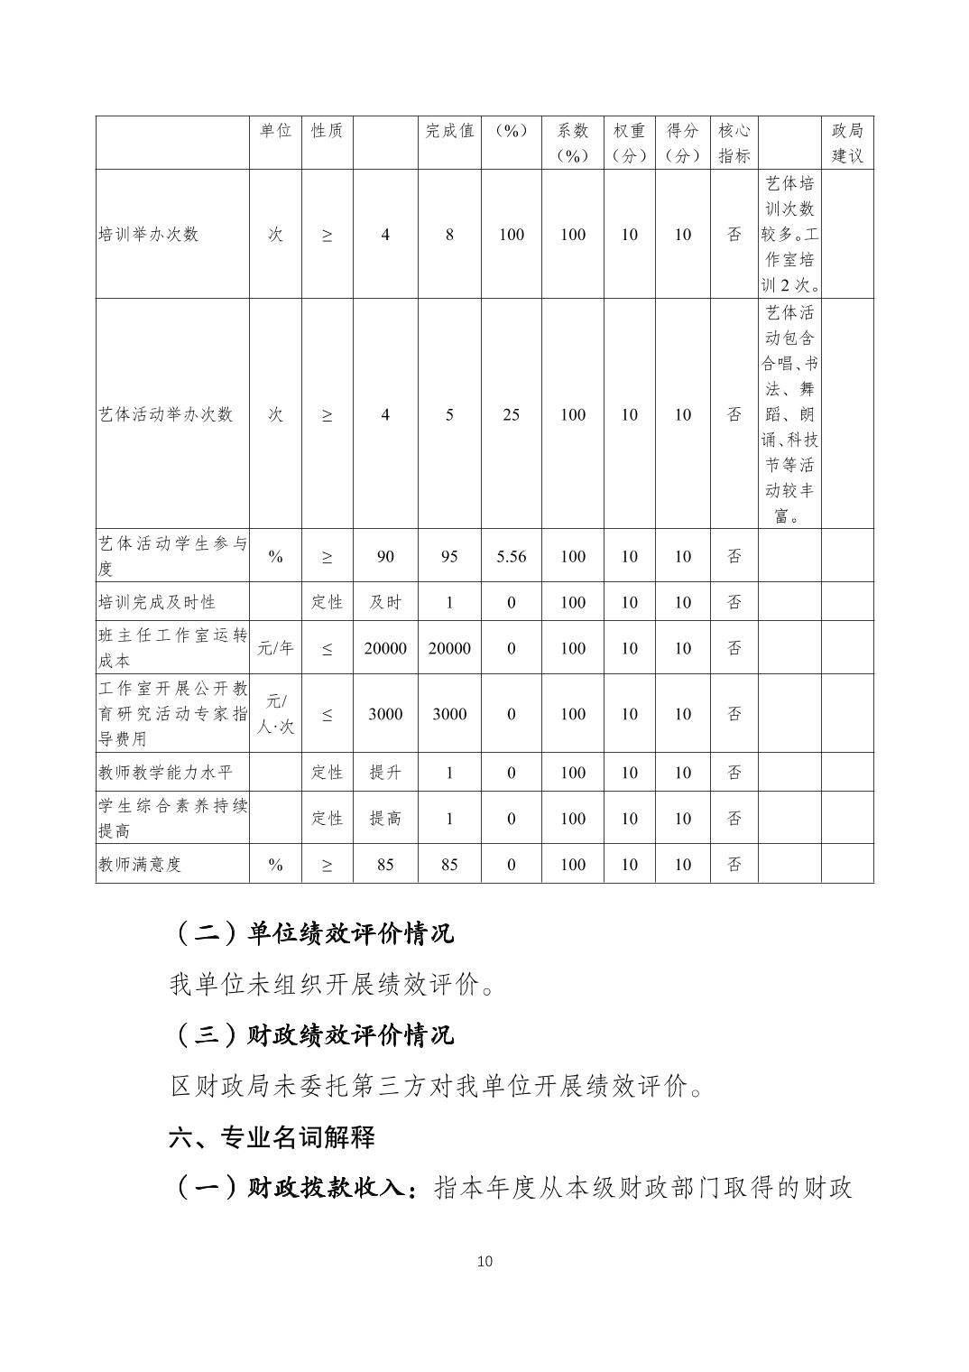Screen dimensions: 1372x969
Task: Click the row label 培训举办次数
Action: (x=148, y=235)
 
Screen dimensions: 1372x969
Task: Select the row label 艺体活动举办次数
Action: (x=166, y=414)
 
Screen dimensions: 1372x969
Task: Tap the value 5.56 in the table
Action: (x=511, y=556)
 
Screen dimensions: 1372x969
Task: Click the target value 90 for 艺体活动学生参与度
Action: (x=385, y=556)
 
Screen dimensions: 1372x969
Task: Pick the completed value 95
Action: (x=449, y=556)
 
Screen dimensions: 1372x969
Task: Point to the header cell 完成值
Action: (x=449, y=131)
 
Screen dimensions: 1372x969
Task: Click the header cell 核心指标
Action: (x=734, y=143)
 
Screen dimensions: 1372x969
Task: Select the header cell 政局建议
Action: (x=847, y=143)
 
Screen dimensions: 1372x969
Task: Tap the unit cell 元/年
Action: (x=275, y=648)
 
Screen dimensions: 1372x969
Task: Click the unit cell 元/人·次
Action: (x=275, y=713)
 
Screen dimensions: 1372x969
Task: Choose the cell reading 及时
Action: (x=385, y=602)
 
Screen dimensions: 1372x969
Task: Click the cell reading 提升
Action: (x=385, y=773)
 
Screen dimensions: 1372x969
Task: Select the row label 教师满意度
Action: (x=140, y=865)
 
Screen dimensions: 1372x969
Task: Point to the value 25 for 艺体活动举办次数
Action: (x=511, y=414)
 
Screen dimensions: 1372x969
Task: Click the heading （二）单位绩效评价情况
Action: (x=312, y=932)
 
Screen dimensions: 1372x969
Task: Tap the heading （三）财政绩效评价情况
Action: (x=312, y=1034)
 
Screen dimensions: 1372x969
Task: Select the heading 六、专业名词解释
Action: (x=272, y=1137)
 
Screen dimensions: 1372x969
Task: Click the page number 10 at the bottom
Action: (x=484, y=1261)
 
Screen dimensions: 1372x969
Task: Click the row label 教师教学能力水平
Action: (x=165, y=773)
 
